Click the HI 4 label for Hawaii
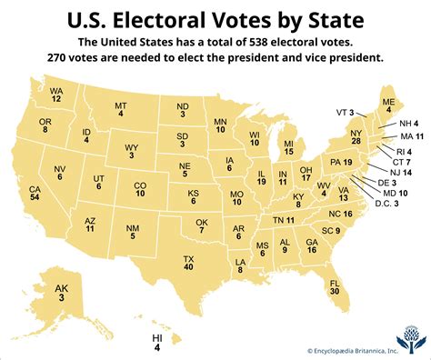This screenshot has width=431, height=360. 182,340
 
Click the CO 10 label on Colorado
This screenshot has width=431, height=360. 140,188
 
